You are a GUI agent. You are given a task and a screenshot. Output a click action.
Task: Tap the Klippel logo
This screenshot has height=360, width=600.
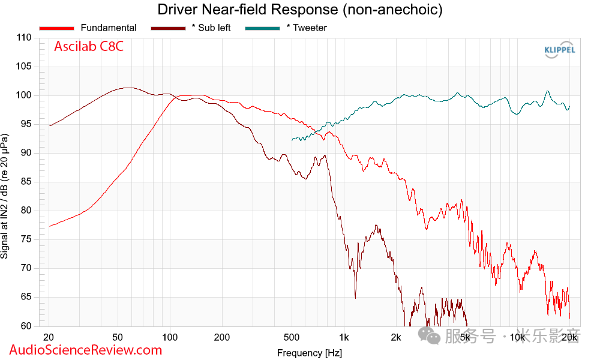[559, 50]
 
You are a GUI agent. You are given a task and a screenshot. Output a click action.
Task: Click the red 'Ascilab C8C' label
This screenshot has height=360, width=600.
[89, 47]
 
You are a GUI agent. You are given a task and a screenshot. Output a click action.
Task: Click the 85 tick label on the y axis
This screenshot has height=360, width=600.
[26, 182]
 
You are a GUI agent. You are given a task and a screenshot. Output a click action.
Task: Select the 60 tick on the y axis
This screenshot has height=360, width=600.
[26, 326]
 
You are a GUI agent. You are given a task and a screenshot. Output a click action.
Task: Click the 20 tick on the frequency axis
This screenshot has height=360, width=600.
[49, 337]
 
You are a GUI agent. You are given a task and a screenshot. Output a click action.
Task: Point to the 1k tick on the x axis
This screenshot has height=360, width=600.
[343, 337]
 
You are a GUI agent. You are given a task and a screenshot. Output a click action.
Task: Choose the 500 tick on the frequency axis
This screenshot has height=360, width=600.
[292, 337]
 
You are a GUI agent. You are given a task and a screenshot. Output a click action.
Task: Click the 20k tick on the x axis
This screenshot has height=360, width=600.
[569, 337]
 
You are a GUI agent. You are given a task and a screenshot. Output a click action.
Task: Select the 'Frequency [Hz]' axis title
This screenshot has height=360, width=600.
[310, 352]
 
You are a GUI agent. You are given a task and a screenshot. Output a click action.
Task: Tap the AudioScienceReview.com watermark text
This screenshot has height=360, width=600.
[86, 350]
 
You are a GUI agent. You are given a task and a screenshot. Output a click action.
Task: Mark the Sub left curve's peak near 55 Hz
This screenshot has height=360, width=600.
[127, 88]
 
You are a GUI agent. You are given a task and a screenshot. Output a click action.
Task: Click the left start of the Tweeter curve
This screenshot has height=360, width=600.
[292, 139]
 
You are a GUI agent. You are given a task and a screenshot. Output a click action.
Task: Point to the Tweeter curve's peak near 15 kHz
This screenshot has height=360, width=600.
[547, 91]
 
